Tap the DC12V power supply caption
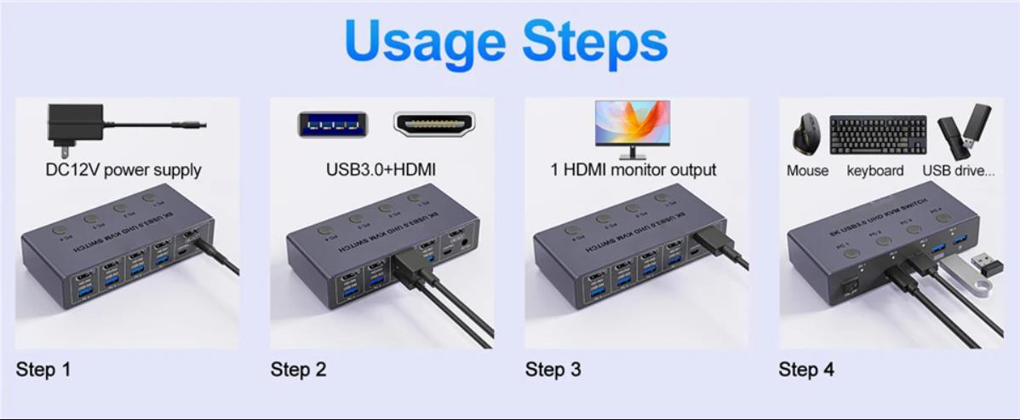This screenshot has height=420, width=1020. point(123,170)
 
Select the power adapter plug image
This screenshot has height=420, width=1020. point(77,124)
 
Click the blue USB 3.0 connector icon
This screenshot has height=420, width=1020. point(332,124)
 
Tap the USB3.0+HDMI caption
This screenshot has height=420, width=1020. point(381,170)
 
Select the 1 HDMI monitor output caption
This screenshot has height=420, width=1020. point(633,170)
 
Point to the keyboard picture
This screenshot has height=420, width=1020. point(877,135)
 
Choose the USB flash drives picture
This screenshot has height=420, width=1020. point(964,131)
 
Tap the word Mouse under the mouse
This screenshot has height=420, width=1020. point(807,170)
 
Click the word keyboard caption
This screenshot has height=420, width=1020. point(875,170)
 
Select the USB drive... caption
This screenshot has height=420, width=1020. point(958,170)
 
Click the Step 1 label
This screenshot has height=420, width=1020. point(43,370)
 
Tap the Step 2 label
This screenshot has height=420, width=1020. point(298,370)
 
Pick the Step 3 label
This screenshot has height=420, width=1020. point(553,370)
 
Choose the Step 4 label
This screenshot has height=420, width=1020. point(805,370)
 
